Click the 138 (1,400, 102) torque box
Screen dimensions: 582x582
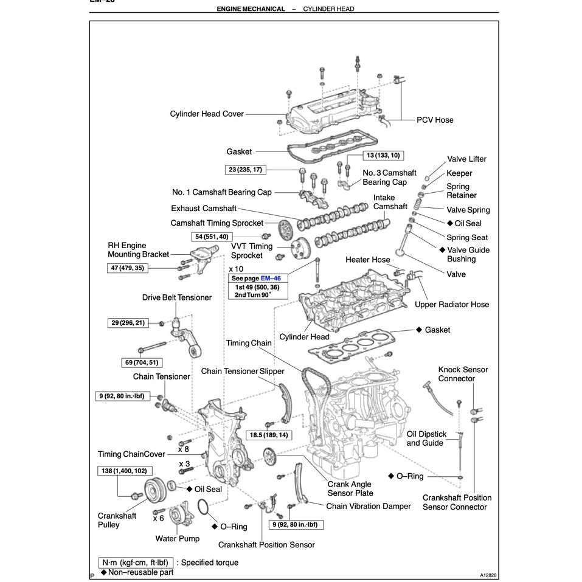tap(124, 471)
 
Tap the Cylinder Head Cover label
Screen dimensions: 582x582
tap(207, 114)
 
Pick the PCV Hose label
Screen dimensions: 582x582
tap(435, 120)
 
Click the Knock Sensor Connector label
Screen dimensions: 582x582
tap(463, 374)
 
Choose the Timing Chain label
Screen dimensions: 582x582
tap(249, 343)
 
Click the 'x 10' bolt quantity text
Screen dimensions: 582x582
tap(236, 268)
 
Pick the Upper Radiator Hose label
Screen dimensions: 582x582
tap(451, 304)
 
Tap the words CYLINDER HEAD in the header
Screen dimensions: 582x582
tap(328, 9)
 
